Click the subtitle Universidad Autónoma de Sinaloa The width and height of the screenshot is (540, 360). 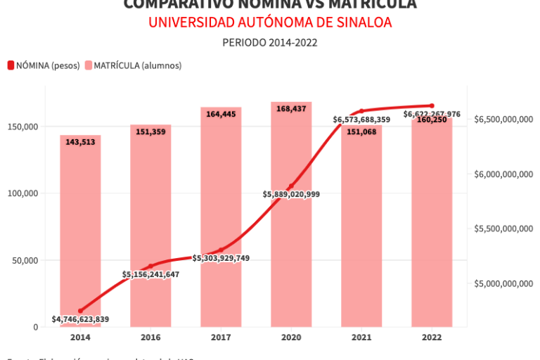(x=270, y=22)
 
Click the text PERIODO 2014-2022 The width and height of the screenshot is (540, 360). (x=270, y=42)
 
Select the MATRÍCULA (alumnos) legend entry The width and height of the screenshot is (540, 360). (x=133, y=65)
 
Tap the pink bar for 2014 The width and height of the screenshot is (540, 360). (x=80, y=232)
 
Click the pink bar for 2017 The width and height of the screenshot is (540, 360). (x=221, y=211)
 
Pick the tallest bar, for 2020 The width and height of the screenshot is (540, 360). (x=291, y=211)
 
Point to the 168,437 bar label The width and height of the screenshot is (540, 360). (x=291, y=109)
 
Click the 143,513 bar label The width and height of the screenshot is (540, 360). (x=80, y=142)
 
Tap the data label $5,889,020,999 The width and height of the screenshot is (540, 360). (x=291, y=194)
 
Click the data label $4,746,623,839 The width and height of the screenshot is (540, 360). (x=80, y=319)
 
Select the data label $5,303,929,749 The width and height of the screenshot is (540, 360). (x=221, y=258)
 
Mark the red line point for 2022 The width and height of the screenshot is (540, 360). (x=432, y=105)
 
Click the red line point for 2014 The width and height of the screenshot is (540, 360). (x=80, y=311)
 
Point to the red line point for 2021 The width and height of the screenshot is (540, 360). (x=361, y=111)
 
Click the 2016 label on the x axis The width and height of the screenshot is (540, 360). (x=150, y=337)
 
